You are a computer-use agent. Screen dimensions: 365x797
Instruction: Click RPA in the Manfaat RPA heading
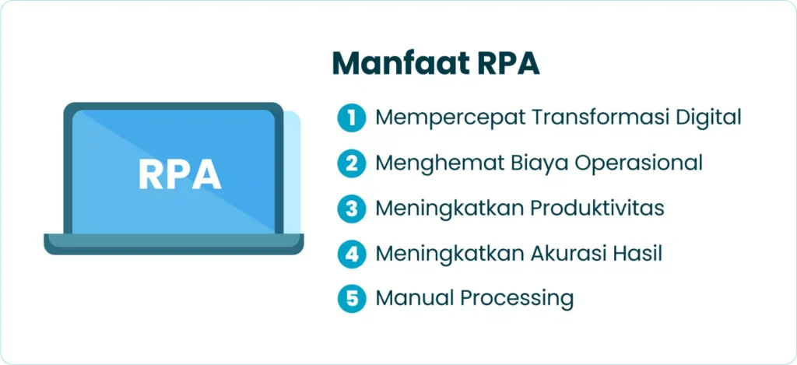508,63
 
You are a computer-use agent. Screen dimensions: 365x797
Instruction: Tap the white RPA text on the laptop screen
180,175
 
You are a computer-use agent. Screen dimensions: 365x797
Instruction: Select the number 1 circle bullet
352,118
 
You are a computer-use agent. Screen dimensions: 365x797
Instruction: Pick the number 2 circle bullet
352,163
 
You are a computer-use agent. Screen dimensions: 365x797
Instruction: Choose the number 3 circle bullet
352,209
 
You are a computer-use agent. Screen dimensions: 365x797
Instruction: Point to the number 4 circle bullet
352,253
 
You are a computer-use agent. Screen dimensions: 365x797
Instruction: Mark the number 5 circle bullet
352,298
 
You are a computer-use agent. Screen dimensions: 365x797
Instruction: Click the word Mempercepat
441,118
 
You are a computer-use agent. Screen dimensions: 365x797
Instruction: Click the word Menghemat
433,163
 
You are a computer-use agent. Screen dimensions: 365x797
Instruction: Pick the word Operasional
637,163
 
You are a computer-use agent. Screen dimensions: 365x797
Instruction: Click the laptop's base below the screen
173,244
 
